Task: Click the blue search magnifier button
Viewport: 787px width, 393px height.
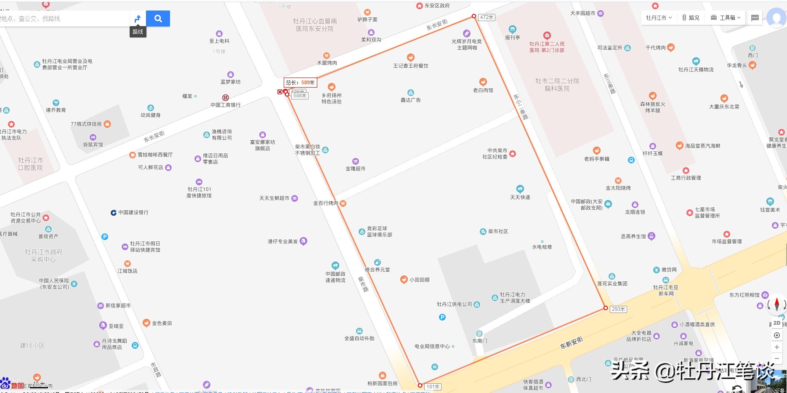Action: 158,19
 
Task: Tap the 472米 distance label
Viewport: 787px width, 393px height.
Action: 487,17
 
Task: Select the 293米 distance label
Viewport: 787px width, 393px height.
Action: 618,309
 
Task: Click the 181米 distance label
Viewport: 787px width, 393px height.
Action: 433,387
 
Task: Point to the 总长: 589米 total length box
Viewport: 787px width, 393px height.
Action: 300,83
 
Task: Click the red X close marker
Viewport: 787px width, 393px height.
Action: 280,92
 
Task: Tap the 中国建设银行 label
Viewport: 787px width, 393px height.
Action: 133,213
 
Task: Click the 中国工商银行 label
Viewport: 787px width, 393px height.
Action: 226,105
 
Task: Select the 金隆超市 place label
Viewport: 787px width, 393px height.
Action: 355,168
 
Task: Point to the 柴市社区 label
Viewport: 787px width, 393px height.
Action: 498,232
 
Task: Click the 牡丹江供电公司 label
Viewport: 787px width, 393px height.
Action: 455,304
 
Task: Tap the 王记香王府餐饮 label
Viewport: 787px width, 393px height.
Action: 410,66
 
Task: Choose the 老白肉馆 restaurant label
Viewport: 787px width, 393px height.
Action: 483,90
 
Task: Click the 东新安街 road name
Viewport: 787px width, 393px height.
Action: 571,343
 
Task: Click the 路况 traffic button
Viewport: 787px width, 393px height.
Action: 691,18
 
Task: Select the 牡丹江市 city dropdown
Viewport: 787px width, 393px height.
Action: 659,18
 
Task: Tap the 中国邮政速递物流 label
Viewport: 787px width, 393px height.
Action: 335,277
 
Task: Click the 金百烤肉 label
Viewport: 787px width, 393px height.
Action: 325,203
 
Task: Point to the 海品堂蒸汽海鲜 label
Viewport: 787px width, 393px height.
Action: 702,146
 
